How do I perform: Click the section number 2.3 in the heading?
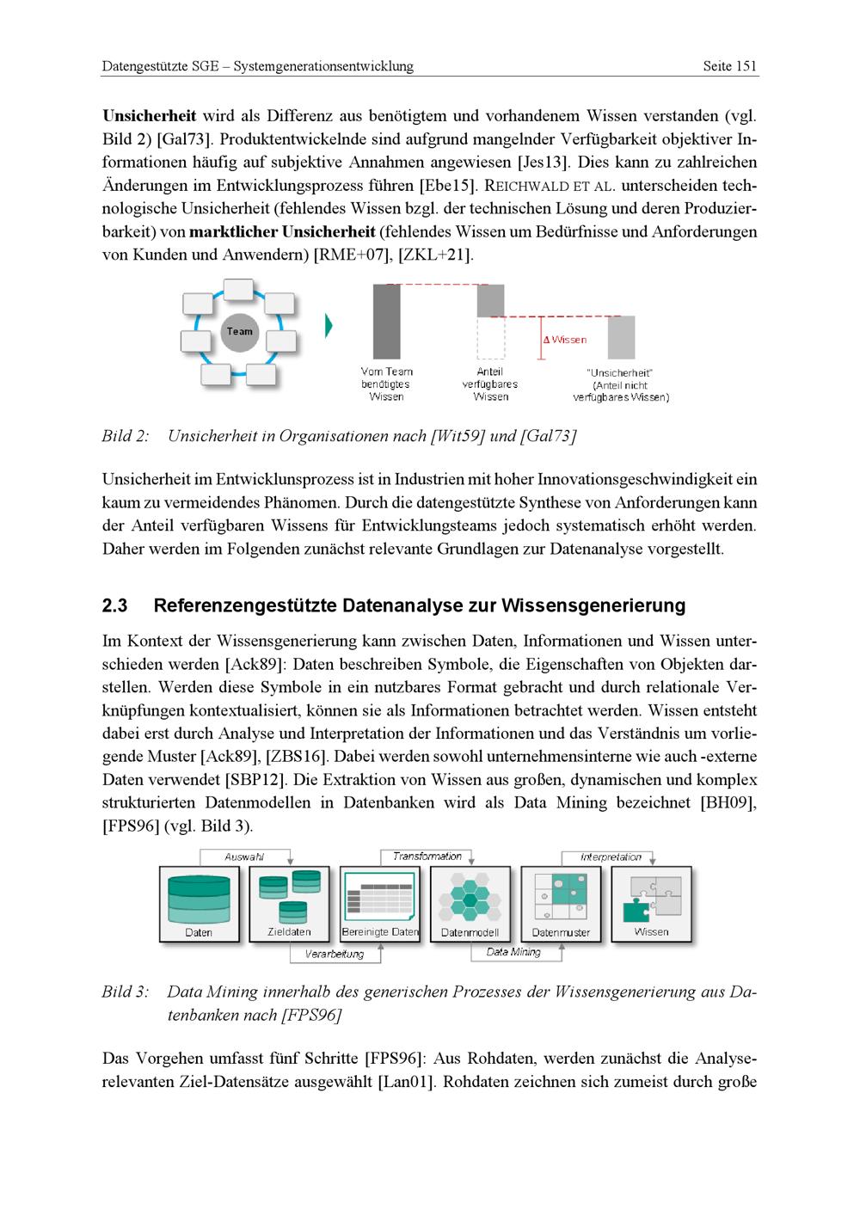[114, 605]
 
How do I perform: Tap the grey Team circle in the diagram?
[239, 332]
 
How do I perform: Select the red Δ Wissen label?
[566, 340]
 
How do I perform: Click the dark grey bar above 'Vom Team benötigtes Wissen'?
[387, 321]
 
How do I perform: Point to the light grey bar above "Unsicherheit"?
[621, 337]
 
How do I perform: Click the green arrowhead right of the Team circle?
[329, 326]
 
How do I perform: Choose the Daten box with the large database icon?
[199, 904]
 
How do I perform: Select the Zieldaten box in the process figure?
[289, 904]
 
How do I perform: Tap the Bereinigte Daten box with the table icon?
[379, 904]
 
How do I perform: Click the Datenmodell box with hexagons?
[470, 904]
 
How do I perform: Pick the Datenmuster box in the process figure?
[561, 904]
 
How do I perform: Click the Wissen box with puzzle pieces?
[651, 904]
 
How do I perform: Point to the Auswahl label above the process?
[244, 857]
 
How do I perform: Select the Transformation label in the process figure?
[427, 857]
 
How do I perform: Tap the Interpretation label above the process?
[611, 857]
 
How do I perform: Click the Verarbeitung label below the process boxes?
[335, 954]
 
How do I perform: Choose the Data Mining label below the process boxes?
[513, 952]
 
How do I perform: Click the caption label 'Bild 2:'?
[126, 436]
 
